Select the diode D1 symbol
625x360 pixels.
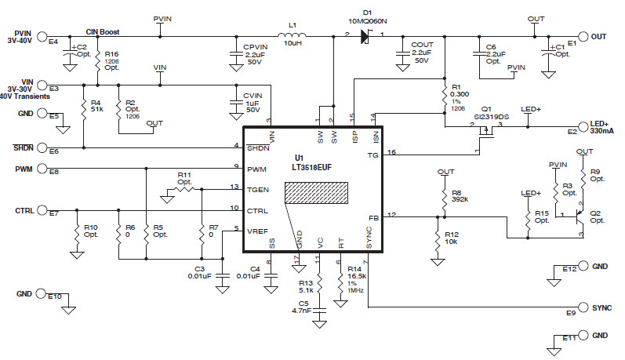click(x=365, y=35)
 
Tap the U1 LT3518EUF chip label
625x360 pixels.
click(x=309, y=162)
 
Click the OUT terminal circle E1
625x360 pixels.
click(x=583, y=36)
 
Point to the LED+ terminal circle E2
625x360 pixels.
click(x=583, y=125)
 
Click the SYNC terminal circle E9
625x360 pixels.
click(x=583, y=307)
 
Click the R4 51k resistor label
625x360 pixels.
click(x=96, y=106)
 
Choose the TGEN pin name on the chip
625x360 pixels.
click(x=259, y=189)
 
